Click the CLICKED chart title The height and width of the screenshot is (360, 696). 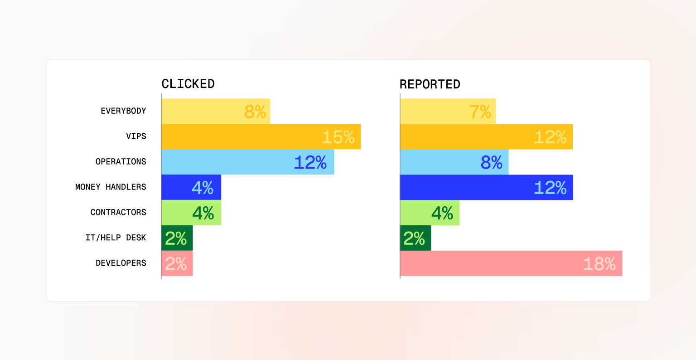point(188,84)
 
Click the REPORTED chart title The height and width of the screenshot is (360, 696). point(430,84)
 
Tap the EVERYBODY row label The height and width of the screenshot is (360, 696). point(123,111)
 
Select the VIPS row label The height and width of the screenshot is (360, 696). point(136,136)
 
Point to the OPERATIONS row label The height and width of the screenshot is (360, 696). point(121,162)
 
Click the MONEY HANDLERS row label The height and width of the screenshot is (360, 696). point(111,187)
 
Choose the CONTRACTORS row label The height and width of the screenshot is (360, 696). point(118,213)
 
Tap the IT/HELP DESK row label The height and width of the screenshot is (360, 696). point(116,238)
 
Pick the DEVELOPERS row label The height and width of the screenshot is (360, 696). point(121,263)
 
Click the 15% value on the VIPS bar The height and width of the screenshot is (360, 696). point(338,137)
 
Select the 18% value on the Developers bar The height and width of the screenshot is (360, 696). point(599,264)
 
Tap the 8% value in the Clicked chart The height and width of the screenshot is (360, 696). point(255,112)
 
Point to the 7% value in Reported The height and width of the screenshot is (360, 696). point(480,112)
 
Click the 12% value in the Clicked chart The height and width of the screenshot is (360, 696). point(310,162)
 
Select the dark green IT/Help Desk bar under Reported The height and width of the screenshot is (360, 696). point(415,238)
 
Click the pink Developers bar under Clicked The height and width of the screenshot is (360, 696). point(177,263)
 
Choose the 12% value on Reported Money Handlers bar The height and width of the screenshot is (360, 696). point(550,188)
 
